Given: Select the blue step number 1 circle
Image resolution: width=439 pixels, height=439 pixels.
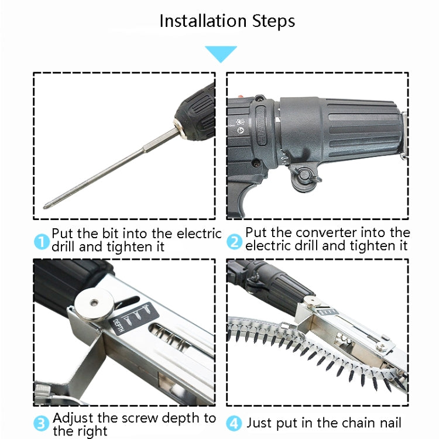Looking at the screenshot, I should pos(42,241).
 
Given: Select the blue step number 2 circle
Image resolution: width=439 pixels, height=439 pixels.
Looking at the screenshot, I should pos(234,241).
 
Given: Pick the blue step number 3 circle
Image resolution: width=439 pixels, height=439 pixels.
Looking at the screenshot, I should pos(41,423).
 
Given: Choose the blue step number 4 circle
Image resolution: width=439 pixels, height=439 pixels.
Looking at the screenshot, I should pos(234,423).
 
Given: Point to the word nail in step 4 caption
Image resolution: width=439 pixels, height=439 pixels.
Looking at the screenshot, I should pos(388,423).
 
